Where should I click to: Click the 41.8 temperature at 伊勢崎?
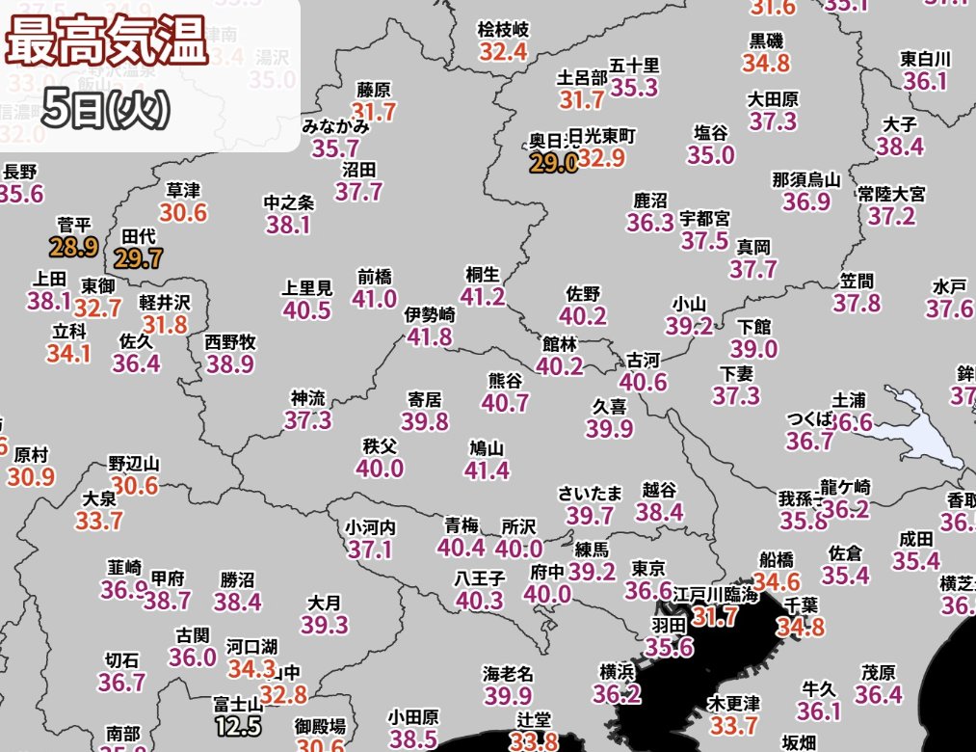click(429, 336)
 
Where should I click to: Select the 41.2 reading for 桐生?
click(483, 296)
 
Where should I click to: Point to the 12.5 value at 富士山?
click(237, 724)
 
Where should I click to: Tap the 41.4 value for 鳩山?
click(487, 470)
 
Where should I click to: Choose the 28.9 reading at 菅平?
click(74, 248)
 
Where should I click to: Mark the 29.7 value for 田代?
click(138, 257)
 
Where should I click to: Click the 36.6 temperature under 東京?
click(648, 590)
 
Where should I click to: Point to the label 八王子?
click(480, 578)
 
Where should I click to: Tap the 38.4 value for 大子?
click(900, 147)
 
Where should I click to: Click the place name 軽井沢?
click(165, 302)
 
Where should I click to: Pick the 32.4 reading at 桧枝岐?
click(503, 51)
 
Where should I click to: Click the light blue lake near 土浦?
click(920, 429)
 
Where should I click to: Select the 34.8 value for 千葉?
click(801, 629)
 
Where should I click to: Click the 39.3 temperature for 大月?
click(324, 625)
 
